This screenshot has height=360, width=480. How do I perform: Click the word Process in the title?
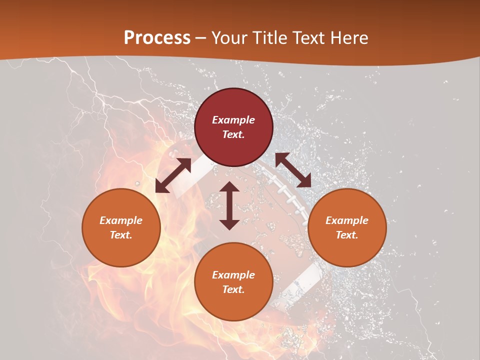click(157, 38)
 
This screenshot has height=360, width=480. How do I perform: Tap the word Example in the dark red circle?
click(233, 120)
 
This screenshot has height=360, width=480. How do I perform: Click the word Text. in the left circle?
click(121, 235)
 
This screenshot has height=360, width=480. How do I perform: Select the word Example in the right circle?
click(347, 220)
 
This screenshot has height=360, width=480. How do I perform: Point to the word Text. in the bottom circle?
click(233, 289)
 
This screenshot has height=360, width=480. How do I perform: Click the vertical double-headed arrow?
click(229, 205)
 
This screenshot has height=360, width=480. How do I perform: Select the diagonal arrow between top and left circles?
click(173, 175)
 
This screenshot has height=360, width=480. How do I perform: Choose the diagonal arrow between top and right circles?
click(293, 170)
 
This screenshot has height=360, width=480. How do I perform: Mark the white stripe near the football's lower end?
click(305, 277)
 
